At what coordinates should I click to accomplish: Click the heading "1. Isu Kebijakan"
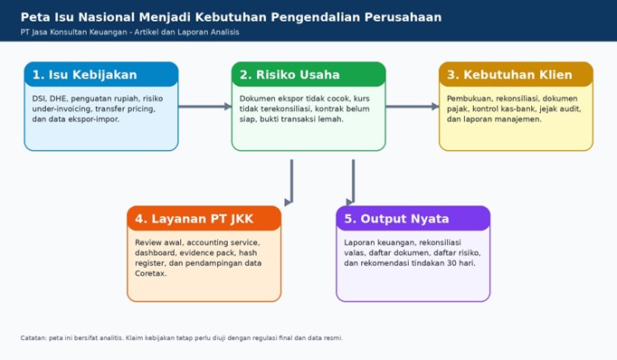click(x=85, y=75)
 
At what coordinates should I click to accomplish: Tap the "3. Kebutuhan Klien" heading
click(x=509, y=75)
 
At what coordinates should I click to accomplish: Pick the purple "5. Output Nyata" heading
click(x=396, y=219)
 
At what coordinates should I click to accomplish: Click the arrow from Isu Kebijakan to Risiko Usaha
click(x=205, y=106)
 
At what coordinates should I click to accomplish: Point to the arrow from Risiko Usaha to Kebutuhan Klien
click(x=413, y=106)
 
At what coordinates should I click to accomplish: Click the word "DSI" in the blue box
click(x=39, y=99)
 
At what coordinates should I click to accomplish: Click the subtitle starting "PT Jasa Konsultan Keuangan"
click(x=130, y=33)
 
